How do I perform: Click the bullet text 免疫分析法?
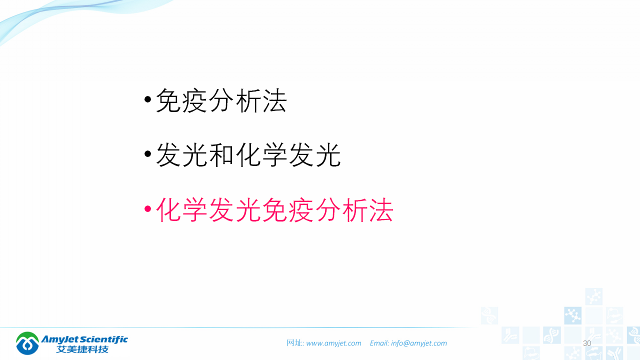(221, 101)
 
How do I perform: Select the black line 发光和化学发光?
(248, 155)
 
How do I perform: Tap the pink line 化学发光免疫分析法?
(274, 209)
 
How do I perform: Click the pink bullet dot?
(147, 208)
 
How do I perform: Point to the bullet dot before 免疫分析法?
(147, 99)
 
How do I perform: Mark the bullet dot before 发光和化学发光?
(147, 154)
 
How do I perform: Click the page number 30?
(587, 343)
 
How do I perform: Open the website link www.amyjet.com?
(333, 343)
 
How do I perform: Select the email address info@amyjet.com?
(419, 343)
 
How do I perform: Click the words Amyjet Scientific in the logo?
(85, 339)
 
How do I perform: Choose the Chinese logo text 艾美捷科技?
(82, 349)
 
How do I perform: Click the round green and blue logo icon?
(27, 343)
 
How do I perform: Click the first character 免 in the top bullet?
(168, 101)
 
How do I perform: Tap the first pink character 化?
(168, 209)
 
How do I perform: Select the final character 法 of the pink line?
(380, 209)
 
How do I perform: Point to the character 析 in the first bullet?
(247, 101)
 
